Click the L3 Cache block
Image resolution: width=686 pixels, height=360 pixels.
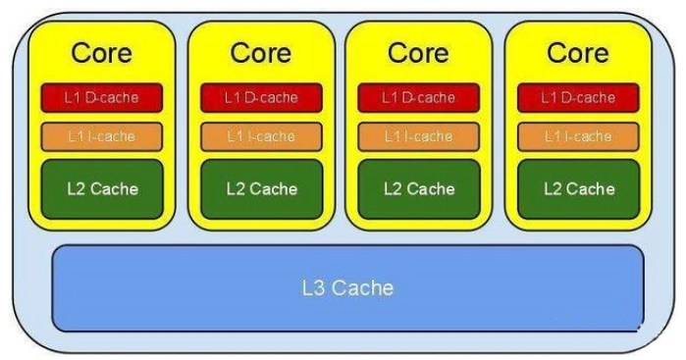click(347, 288)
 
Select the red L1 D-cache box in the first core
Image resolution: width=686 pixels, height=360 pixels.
click(102, 97)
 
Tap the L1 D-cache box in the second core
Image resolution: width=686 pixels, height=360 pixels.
click(262, 97)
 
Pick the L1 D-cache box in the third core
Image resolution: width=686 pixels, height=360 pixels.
click(419, 97)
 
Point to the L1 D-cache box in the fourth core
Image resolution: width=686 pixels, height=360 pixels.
click(578, 97)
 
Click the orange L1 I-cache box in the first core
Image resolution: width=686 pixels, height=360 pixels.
click(102, 136)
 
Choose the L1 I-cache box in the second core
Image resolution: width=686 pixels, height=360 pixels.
click(262, 136)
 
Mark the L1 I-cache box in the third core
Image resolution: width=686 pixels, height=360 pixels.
click(419, 136)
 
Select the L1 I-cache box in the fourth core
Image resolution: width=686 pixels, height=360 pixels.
click(578, 136)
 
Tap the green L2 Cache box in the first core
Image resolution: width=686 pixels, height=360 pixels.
click(102, 189)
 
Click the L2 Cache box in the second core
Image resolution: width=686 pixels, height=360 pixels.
click(262, 189)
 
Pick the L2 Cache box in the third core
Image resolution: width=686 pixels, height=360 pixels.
click(419, 189)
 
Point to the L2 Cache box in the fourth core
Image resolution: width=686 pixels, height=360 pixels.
click(579, 189)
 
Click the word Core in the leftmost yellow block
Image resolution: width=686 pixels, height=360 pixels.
click(101, 53)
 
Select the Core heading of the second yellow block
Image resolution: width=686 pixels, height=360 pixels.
click(261, 53)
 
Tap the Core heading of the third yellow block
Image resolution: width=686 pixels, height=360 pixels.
click(418, 53)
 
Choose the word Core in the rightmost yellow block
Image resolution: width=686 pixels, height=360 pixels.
click(577, 53)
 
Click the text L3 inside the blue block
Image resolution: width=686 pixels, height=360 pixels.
click(313, 288)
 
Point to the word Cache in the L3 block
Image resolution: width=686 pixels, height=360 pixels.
click(362, 288)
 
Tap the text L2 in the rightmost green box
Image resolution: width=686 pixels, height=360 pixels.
click(553, 189)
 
